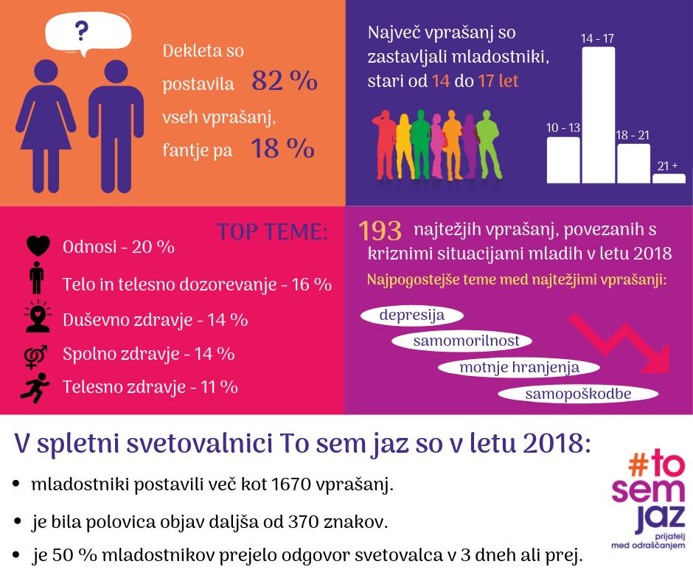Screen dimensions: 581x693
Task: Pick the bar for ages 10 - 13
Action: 563,159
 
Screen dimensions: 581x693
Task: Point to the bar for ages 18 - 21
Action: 633,163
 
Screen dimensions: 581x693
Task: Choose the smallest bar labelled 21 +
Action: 669,178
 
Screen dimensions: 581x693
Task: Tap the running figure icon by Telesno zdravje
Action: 37,386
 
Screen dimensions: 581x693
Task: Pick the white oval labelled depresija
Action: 411,316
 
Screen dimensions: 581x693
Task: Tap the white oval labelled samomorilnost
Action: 466,341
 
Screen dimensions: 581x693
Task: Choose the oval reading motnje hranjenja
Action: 519,366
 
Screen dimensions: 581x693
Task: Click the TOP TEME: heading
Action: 272,232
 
